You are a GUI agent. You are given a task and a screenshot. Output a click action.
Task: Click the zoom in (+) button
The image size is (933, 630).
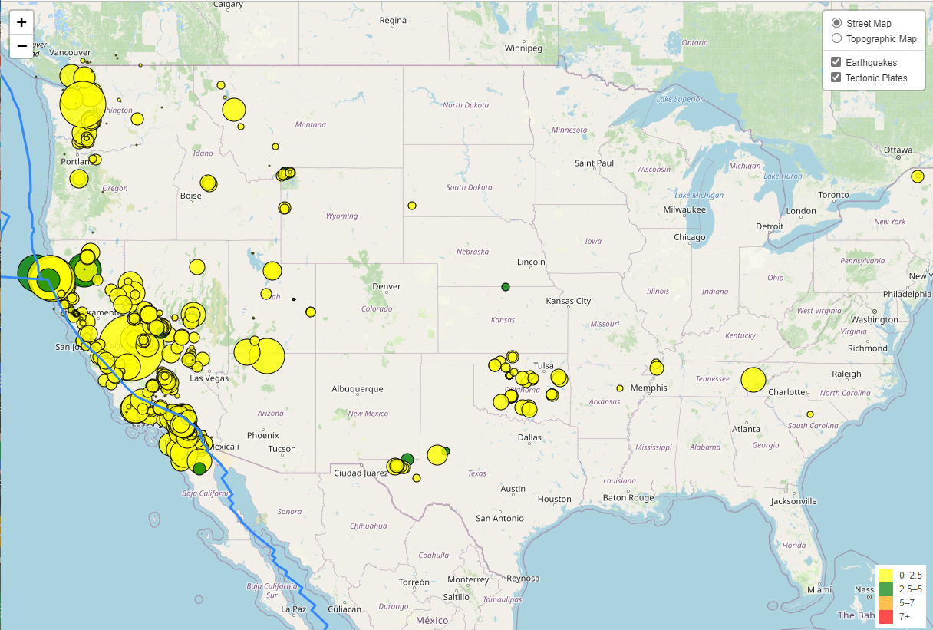pyautogui.click(x=21, y=23)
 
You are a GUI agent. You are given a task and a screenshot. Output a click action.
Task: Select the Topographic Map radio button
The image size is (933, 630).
pyautogui.click(x=836, y=38)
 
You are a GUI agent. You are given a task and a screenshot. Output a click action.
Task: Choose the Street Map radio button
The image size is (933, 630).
pyautogui.click(x=836, y=23)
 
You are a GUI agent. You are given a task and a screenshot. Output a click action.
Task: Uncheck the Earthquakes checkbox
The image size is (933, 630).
pyautogui.click(x=836, y=62)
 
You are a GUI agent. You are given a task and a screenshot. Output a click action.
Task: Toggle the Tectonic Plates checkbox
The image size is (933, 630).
pyautogui.click(x=836, y=78)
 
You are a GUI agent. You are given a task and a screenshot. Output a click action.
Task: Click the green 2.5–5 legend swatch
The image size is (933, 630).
pyautogui.click(x=886, y=589)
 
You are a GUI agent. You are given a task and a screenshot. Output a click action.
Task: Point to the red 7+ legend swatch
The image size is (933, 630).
pyautogui.click(x=886, y=616)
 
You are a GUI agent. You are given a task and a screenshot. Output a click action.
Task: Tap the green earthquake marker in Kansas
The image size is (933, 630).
pyautogui.click(x=506, y=287)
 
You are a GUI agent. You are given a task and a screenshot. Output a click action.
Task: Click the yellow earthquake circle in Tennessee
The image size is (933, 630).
pyautogui.click(x=753, y=380)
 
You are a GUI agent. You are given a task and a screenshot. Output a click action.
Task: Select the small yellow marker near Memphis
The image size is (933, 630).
pyautogui.click(x=620, y=388)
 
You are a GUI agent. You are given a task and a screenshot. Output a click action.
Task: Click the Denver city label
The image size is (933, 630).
pyautogui.click(x=386, y=286)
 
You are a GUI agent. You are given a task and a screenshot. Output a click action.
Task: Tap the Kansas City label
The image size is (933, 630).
pyautogui.click(x=568, y=301)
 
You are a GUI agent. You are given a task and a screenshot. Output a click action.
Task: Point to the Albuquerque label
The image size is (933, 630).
pyautogui.click(x=357, y=389)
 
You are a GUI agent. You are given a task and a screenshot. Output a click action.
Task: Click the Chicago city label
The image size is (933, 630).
pyautogui.click(x=689, y=237)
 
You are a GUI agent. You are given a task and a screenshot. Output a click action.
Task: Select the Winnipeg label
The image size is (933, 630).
pyautogui.click(x=523, y=48)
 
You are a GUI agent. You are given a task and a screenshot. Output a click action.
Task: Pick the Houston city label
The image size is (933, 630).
pyautogui.click(x=554, y=499)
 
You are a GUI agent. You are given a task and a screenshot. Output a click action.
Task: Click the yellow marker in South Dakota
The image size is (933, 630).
pyautogui.click(x=412, y=206)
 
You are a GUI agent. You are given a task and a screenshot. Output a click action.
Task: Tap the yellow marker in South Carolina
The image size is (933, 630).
pyautogui.click(x=809, y=414)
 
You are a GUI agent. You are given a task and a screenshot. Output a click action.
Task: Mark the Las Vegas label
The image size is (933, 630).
pyautogui.click(x=209, y=378)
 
